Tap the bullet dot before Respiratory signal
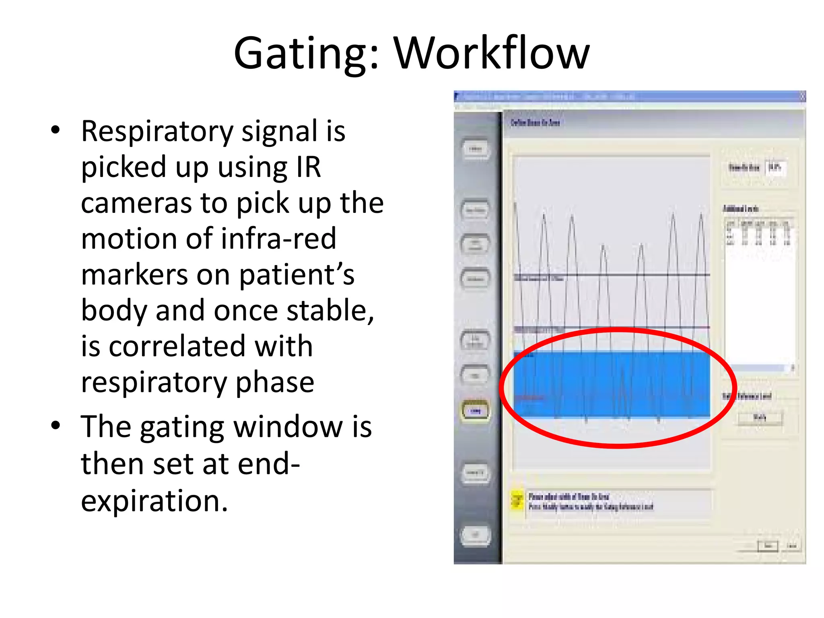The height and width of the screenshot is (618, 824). [x=56, y=130]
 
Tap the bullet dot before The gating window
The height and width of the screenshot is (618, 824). [x=56, y=425]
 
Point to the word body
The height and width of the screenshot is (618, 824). [x=114, y=311]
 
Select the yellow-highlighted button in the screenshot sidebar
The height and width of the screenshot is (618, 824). [x=476, y=411]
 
